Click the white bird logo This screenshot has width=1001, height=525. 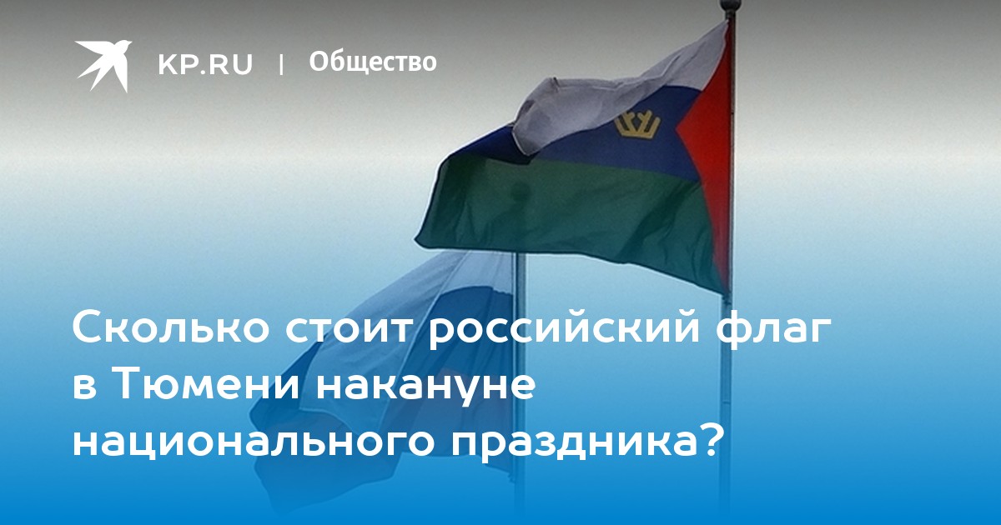103,65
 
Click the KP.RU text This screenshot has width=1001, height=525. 205,64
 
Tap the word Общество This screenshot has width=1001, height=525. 373,62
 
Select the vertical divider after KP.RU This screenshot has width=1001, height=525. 281,64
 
